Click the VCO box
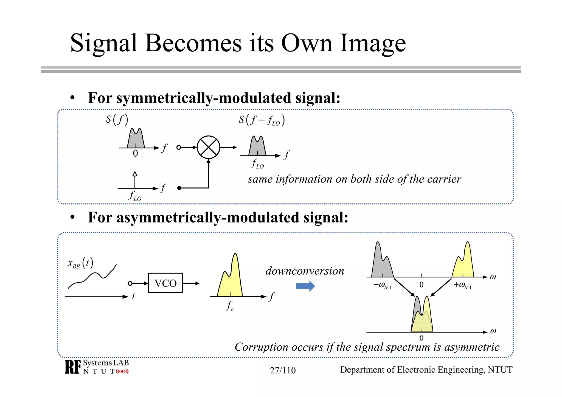165,283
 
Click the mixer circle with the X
208,147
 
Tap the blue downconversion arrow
305,286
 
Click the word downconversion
305,271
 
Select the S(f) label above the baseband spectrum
117,120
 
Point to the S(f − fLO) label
262,120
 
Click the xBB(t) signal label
80,263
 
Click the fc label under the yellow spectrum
230,306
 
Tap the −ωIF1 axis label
382,285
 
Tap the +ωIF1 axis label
462,285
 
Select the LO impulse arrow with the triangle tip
135,180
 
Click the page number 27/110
283,370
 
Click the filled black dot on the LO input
179,188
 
